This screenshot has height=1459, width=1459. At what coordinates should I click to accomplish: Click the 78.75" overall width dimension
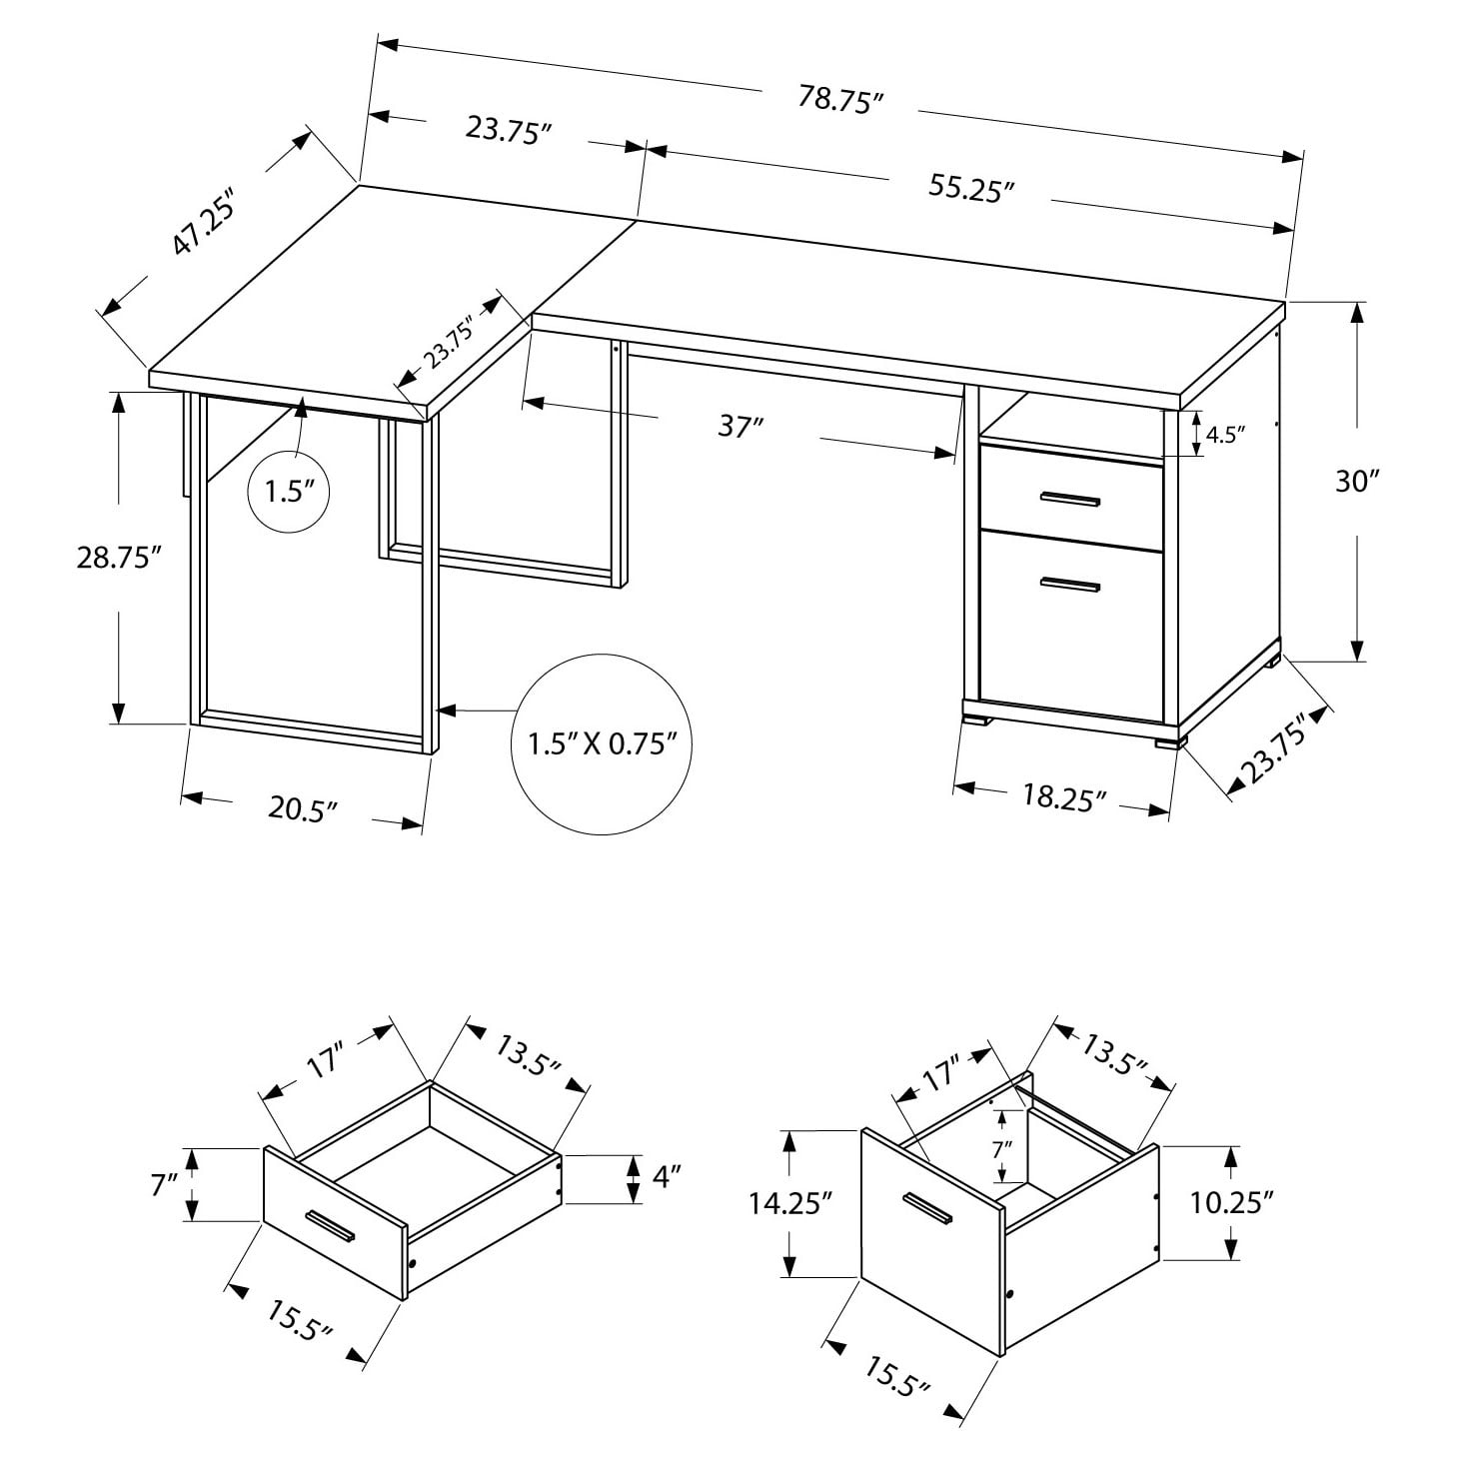pos(841,100)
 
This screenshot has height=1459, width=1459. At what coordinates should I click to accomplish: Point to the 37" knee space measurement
pos(740,426)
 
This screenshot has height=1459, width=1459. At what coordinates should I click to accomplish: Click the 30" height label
pos(1356,482)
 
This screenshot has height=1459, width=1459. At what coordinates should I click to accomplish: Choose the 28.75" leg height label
pos(119,558)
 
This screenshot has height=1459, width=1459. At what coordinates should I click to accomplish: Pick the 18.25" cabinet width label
pos(1063,797)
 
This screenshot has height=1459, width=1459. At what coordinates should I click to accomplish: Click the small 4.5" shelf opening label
pos(1225,435)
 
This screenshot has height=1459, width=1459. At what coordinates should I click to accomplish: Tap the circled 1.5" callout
pos(289,492)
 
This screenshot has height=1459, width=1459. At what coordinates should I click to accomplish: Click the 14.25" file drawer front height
pos(790,1203)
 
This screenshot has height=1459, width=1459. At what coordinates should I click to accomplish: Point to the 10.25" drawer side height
pos(1231,1201)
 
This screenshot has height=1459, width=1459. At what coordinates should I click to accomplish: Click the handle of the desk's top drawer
pos(1069,498)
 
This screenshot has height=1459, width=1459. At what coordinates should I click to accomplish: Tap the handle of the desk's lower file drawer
pos(1069,586)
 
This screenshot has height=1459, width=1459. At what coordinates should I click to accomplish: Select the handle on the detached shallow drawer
pos(331,1226)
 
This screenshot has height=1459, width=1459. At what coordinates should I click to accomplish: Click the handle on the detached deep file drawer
pos(926,1207)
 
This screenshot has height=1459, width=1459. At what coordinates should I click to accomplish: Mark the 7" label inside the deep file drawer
pos(1001,1148)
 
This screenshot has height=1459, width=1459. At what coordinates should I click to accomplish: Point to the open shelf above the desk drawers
pos(1071,424)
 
